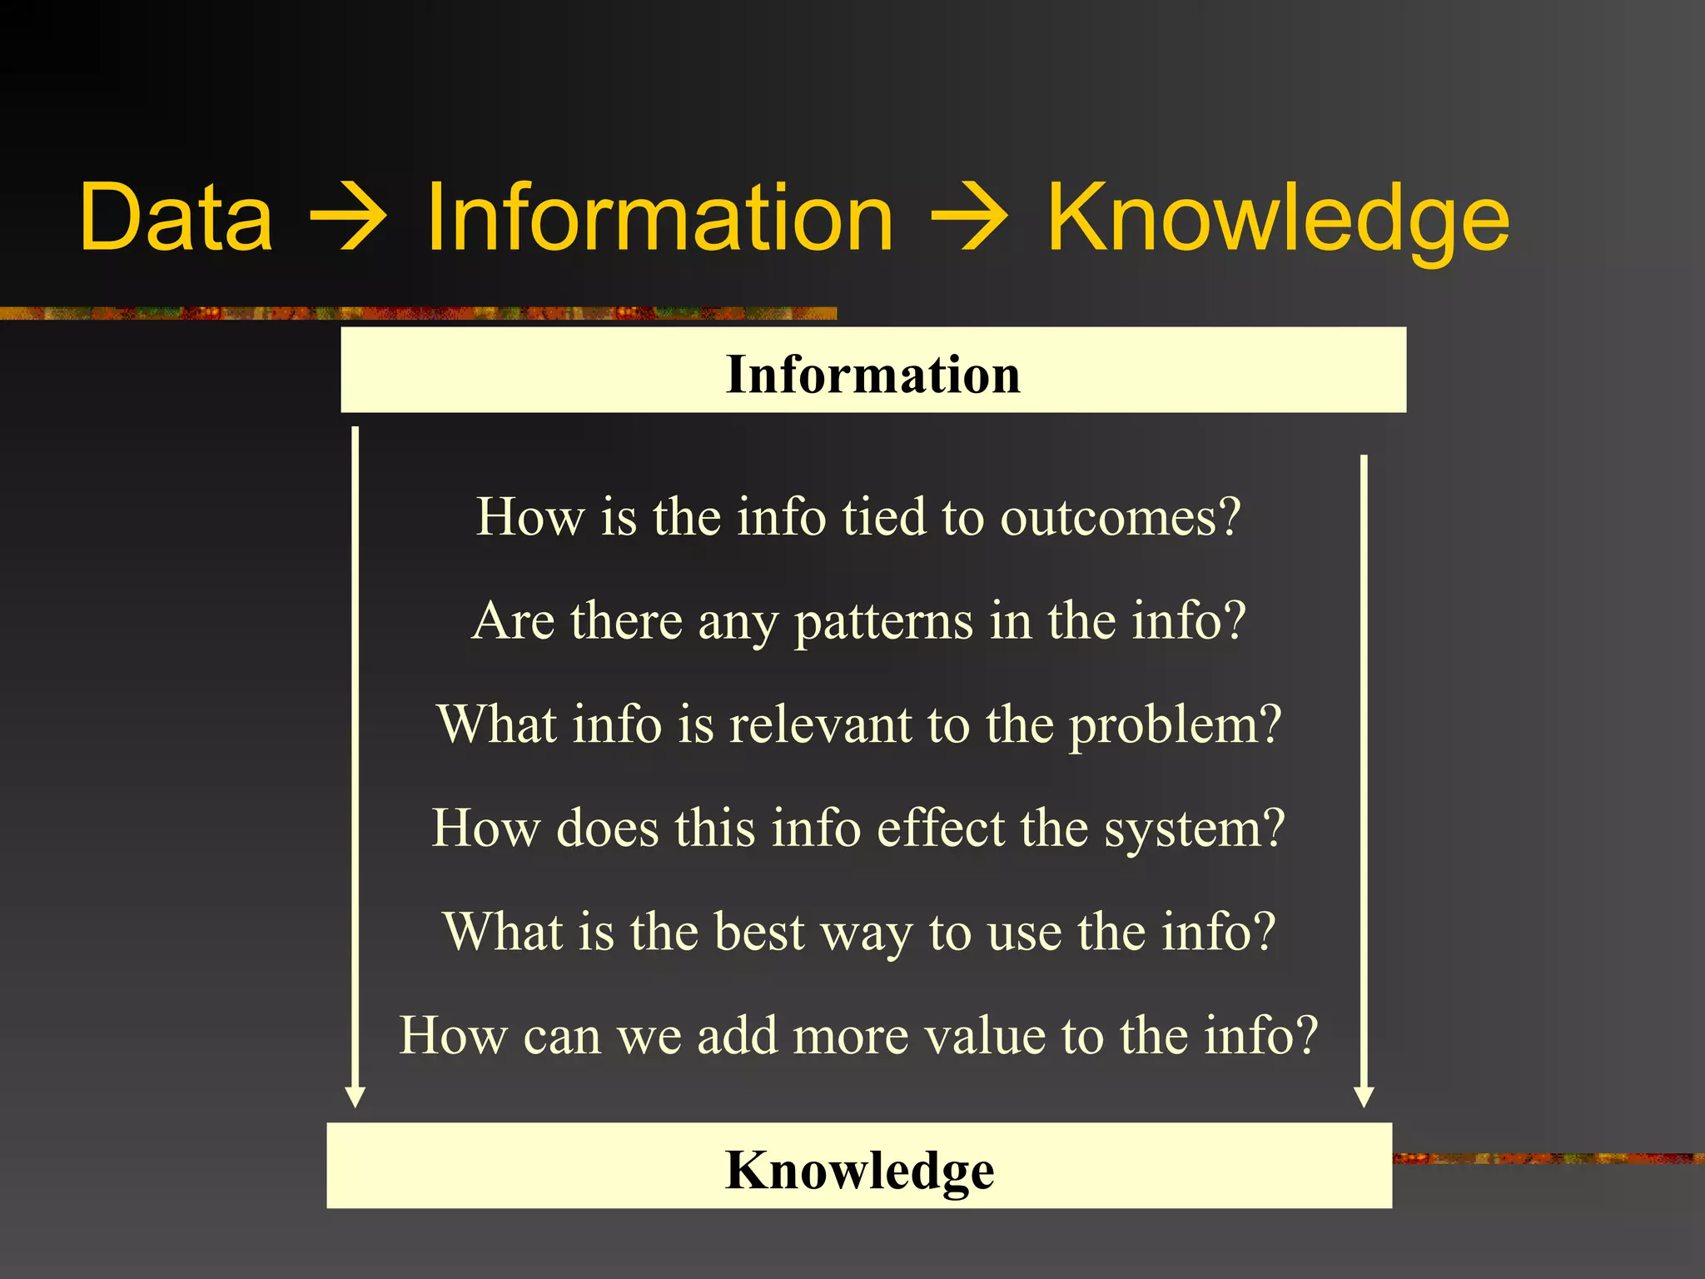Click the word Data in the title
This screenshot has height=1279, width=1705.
point(176,218)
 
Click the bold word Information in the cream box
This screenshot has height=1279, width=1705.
point(872,374)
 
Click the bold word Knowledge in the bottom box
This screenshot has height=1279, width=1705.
point(859,1170)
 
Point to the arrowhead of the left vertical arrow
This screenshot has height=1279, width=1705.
point(355,1097)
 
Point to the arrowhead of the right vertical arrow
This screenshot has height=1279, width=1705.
point(1364,1097)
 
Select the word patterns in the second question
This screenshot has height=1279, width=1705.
point(883,622)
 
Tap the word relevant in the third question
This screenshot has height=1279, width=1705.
point(821,724)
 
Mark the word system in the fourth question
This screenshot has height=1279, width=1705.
point(1182,829)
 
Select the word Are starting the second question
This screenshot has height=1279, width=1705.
point(513,621)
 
